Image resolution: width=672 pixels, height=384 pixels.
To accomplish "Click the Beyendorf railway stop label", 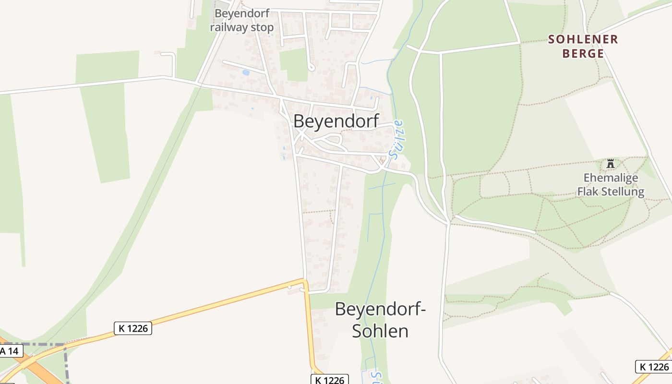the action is pos(242,20).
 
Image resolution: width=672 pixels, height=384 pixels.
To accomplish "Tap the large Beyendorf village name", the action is pos(336,121).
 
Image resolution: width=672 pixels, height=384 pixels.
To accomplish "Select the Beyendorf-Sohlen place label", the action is pos(380,320).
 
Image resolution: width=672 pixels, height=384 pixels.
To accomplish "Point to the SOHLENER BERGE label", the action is pos(583,46).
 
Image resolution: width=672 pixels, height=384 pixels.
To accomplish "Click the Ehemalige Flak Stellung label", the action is pos(611,185).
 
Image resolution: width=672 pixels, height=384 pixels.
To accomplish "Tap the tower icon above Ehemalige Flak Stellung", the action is pos(611,164).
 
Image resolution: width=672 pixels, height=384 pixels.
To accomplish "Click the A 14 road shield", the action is pos(10,351).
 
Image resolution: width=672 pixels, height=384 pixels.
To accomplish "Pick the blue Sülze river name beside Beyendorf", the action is pos(397,140).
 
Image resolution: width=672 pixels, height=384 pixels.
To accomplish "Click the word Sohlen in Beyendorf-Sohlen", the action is pos(380,331).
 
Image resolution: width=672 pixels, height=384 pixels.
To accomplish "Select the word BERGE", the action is pos(583,53).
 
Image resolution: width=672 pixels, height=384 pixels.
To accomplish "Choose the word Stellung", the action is pos(624,192).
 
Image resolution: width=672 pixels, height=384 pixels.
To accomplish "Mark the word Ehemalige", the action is pos(611,178).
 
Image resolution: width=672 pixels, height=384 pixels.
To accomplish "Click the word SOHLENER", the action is pos(583,39).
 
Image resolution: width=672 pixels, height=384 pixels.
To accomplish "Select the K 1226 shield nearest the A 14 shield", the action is pos(133,328).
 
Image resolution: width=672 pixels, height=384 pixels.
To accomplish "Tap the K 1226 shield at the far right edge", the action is pos(653,367).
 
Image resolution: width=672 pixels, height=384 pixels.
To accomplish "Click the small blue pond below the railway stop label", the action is pos(246,73).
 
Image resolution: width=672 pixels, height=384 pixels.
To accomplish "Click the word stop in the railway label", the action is pos(262,27).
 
